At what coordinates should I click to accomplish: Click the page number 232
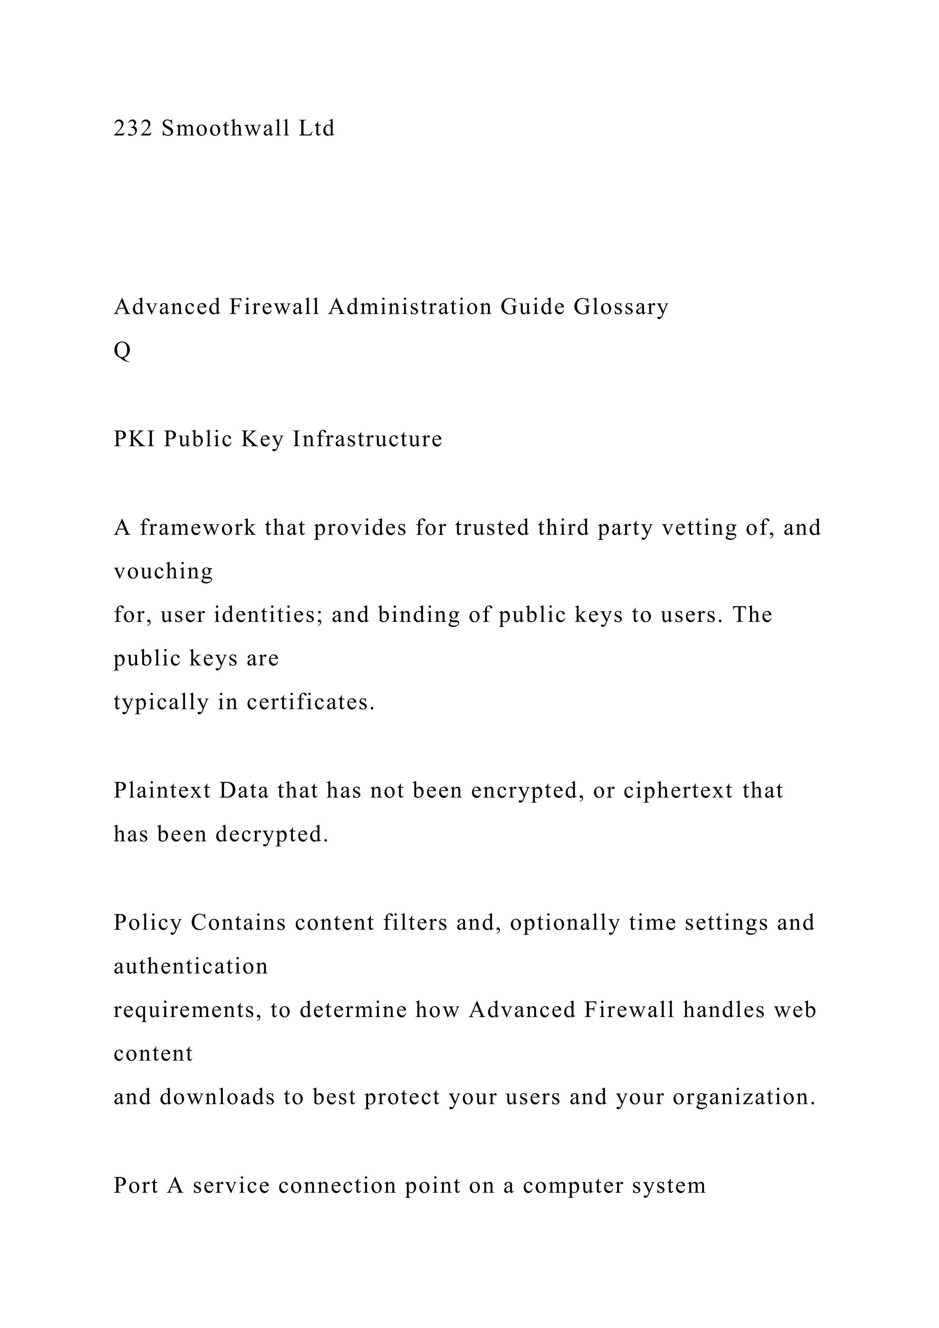(x=133, y=128)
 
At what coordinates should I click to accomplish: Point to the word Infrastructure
(x=367, y=439)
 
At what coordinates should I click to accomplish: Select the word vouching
(x=163, y=571)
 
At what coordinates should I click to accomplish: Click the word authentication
(x=191, y=967)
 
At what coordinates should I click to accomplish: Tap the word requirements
(x=188, y=1010)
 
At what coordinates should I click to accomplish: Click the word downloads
(x=217, y=1097)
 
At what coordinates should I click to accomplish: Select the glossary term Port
(x=136, y=1186)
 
